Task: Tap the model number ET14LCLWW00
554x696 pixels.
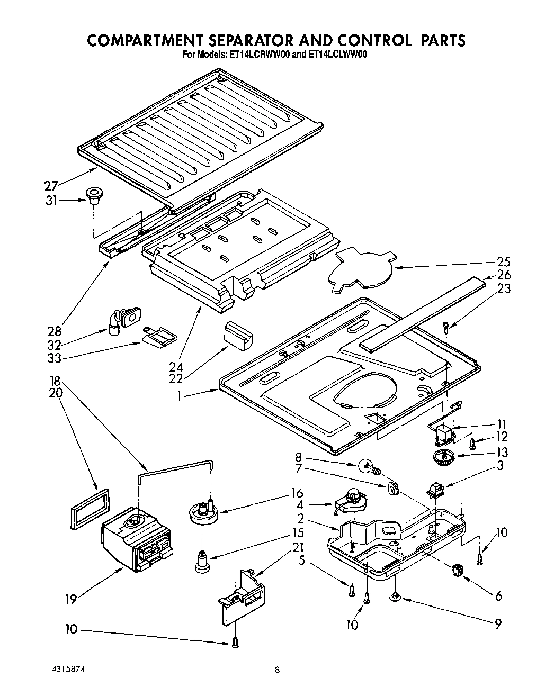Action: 336,54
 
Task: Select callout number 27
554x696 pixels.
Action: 51,186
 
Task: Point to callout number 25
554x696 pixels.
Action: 504,261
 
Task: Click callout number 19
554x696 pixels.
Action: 71,599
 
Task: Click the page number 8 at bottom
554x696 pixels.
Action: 277,671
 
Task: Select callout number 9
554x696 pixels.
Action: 497,624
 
